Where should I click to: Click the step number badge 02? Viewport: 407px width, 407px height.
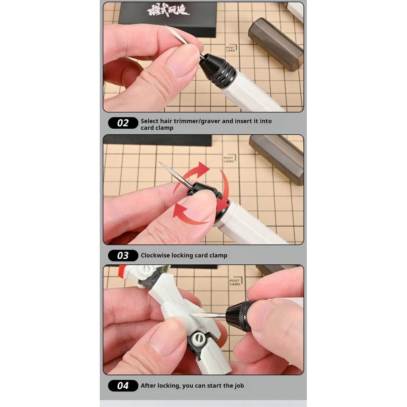(x=123, y=123)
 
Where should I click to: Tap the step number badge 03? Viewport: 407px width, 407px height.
(x=123, y=255)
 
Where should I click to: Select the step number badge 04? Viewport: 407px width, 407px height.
(x=123, y=386)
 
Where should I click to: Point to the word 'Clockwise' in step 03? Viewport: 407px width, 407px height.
(x=155, y=255)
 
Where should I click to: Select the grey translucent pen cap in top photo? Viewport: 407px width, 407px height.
(x=275, y=44)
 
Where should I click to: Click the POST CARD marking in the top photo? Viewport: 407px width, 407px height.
(x=231, y=48)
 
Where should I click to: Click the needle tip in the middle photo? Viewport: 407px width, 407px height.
(x=160, y=163)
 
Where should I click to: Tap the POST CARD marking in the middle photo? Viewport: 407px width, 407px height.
(x=229, y=159)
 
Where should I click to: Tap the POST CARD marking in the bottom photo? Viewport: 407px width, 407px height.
(x=235, y=282)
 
